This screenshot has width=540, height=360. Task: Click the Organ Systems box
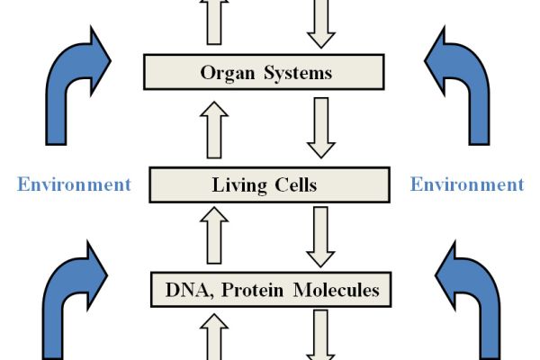pyautogui.click(x=269, y=72)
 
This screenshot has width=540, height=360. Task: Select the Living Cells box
pyautogui.click(x=269, y=185)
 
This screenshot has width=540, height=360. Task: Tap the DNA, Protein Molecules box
pyautogui.click(x=269, y=290)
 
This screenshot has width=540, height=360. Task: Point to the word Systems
pyautogui.click(x=298, y=72)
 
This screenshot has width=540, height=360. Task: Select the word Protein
pyautogui.click(x=247, y=291)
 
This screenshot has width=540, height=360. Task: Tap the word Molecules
pyautogui.click(x=330, y=290)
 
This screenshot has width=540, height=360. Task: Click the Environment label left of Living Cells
pyautogui.click(x=74, y=185)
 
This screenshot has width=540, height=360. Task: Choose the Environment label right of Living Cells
pyautogui.click(x=466, y=185)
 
